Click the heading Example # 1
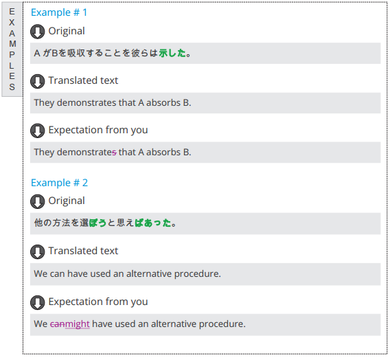click(59, 12)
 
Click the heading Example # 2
click(59, 183)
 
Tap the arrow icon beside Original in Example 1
click(38, 32)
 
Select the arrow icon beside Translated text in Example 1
click(38, 81)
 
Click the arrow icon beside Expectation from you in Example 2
click(38, 302)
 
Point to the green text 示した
click(172, 53)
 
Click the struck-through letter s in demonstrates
click(114, 153)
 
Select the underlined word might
click(78, 324)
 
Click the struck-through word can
click(58, 324)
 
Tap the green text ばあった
click(153, 223)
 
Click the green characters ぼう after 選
click(97, 223)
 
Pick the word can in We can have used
click(58, 274)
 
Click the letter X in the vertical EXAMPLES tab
click(12, 23)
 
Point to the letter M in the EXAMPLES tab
click(12, 44)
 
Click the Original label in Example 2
click(67, 201)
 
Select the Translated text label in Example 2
click(83, 251)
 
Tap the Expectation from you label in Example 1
click(98, 130)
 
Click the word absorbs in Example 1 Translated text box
click(163, 102)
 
